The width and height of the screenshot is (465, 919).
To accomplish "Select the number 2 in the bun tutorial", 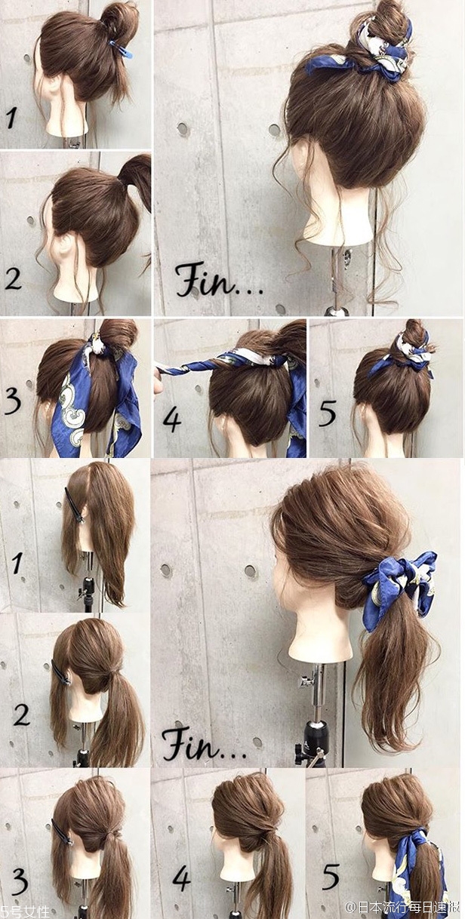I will click(x=13, y=278).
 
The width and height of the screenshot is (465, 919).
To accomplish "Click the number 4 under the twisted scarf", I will click(x=172, y=420).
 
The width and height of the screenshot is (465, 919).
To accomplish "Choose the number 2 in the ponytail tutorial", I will click(x=22, y=713).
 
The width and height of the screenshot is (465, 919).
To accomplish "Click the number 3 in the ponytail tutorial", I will click(x=20, y=879).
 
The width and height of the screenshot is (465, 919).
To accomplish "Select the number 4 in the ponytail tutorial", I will click(x=181, y=877).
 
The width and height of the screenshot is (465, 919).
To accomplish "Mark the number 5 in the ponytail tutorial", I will click(x=331, y=877).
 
